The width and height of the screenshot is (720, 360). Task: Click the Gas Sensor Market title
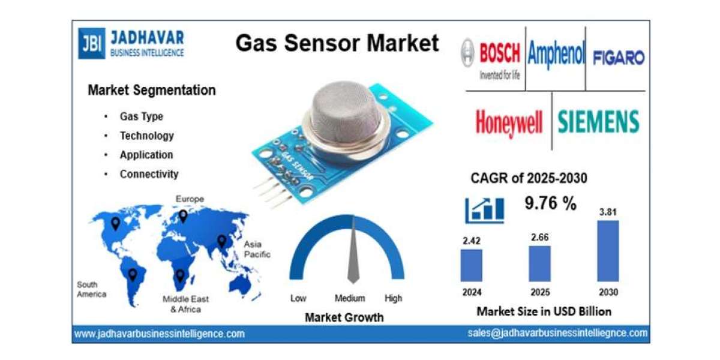pos(337,43)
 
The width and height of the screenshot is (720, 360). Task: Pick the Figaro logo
pos(618,58)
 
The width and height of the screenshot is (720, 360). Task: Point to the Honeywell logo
pos(509,122)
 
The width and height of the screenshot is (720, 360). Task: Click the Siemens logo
pos(598,122)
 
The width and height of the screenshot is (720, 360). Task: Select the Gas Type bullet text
pos(141,116)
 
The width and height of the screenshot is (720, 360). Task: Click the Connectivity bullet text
pos(149,174)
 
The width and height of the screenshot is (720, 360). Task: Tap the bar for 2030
pos(608,251)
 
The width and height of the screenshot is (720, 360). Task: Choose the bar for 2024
pos(471,265)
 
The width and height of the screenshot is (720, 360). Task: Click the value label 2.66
pos(539,237)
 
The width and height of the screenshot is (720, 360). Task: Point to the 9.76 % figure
pos(550,204)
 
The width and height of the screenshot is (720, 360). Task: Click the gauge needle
pos(353,252)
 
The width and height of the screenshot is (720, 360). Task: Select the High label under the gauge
pos(394,298)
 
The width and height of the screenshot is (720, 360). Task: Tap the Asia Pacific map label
pos(256,250)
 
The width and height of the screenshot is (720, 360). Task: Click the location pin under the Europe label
pos(183,216)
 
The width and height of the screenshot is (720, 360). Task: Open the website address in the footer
pos(159,334)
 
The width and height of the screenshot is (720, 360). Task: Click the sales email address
pos(557,333)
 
